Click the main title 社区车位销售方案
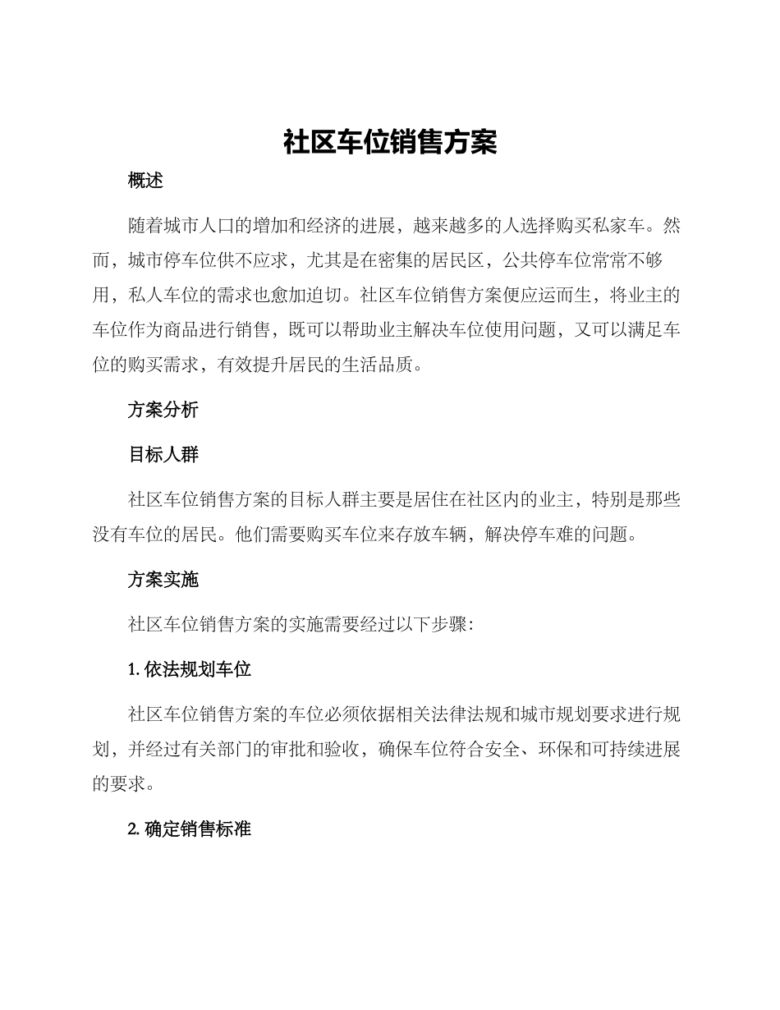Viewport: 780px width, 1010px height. [x=390, y=142]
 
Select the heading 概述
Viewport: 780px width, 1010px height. [x=146, y=181]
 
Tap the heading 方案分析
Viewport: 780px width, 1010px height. [x=163, y=410]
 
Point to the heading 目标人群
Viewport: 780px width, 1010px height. [x=163, y=454]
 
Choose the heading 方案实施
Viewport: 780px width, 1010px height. [x=163, y=580]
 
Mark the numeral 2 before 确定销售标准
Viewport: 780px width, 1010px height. [x=132, y=829]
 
